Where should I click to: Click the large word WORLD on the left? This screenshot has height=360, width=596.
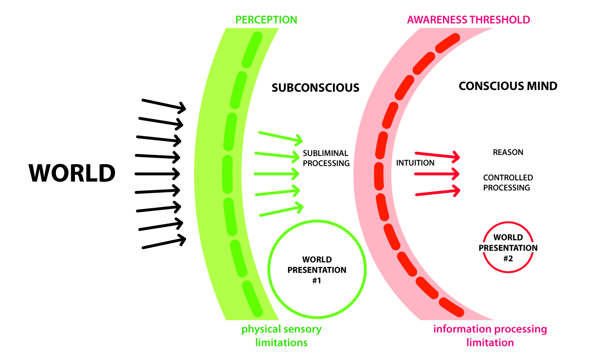click(x=72, y=173)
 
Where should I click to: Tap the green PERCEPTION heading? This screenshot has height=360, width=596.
click(x=267, y=20)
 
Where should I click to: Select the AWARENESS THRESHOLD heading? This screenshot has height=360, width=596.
click(x=468, y=20)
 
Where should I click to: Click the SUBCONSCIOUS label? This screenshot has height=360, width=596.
click(x=315, y=87)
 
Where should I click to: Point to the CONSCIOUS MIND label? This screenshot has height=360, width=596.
click(x=508, y=86)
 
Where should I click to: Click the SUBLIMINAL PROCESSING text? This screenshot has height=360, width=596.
click(x=326, y=158)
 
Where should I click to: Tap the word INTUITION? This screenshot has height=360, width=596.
click(x=415, y=163)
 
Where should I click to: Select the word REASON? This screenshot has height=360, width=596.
click(x=508, y=152)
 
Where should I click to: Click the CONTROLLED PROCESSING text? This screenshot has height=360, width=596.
click(x=508, y=182)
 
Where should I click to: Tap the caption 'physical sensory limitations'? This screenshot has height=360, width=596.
click(x=281, y=335)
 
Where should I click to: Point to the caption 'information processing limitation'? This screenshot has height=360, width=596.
click(x=490, y=335)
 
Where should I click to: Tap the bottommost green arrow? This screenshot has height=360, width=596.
click(x=280, y=210)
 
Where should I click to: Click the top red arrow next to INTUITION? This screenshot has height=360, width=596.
click(x=437, y=156)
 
